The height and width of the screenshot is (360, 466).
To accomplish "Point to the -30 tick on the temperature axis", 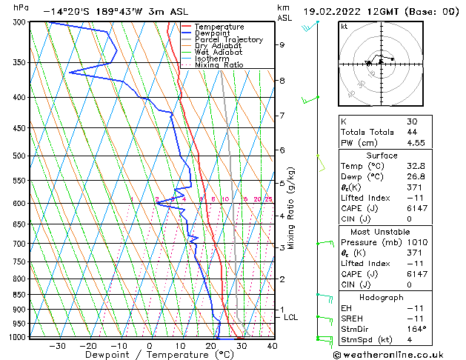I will tap(57, 345).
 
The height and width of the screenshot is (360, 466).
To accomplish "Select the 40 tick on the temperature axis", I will tap(272, 345).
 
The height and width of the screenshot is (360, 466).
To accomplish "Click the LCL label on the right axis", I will tap(291, 317).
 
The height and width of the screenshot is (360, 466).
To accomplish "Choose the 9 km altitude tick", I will tap(282, 44).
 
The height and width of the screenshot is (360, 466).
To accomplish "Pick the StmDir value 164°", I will tap(416, 329).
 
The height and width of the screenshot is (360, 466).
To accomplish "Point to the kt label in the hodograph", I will tap(344, 26).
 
